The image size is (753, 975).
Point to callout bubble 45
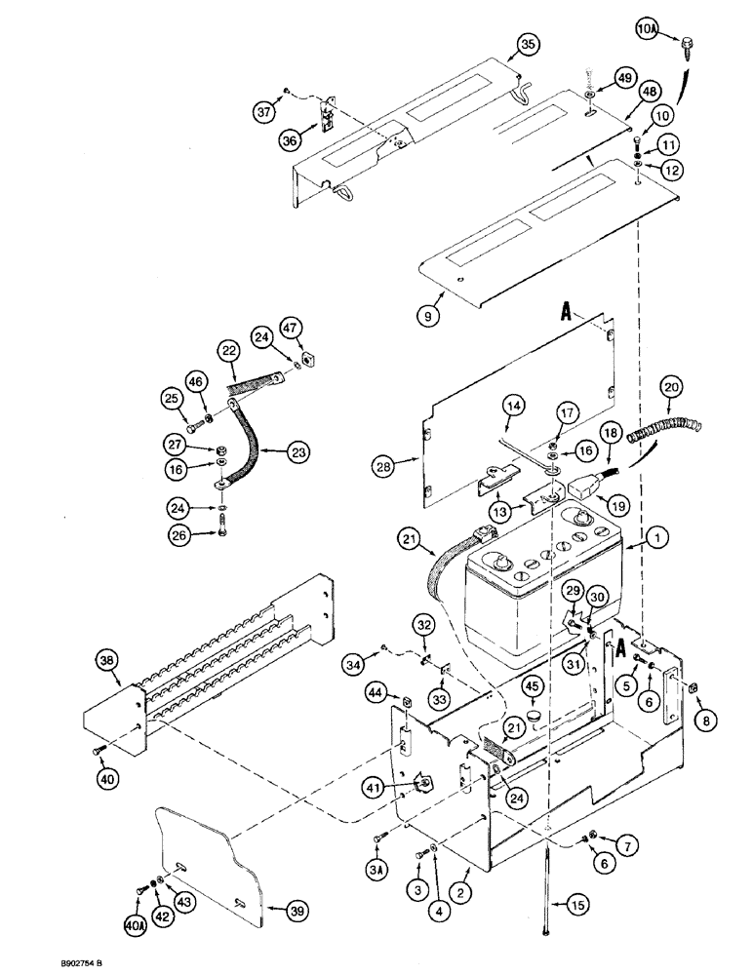pos(532,686)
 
